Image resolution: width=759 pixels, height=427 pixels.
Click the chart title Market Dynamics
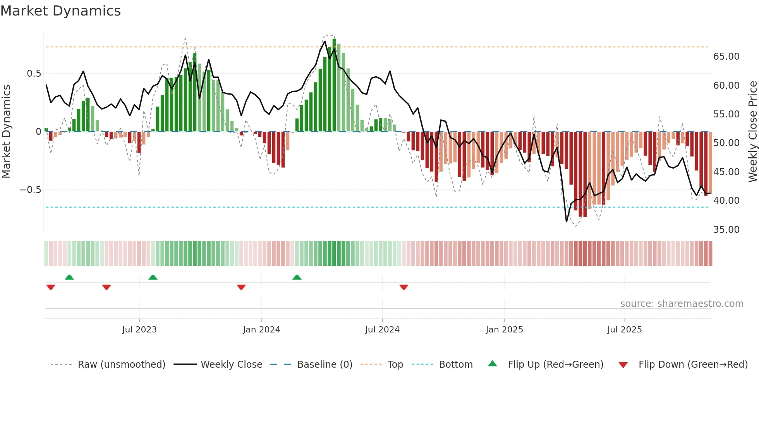[x=60, y=11]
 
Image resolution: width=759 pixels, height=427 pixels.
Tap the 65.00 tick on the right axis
[x=726, y=57]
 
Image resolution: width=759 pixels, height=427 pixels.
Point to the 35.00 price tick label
[x=726, y=230]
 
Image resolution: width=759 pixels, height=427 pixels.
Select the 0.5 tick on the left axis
[x=34, y=74]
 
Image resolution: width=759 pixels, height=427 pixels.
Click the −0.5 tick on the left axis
[x=30, y=190]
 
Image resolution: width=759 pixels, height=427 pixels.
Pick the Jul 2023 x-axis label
[x=139, y=330]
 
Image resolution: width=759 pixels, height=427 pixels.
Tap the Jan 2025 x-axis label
[x=504, y=330]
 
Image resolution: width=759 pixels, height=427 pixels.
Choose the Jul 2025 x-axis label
[x=624, y=330]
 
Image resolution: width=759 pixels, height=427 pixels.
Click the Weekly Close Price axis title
[x=752, y=132]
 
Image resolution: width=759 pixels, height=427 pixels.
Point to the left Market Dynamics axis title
[x=6, y=132]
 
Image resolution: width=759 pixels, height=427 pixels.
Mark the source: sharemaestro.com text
[x=682, y=304]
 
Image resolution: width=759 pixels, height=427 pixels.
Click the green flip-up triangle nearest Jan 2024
[x=297, y=277]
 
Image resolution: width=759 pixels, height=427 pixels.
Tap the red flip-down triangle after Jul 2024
[x=404, y=287]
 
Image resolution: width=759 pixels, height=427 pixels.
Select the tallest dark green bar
[x=334, y=85]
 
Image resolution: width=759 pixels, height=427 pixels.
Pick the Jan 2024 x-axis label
[x=261, y=330]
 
